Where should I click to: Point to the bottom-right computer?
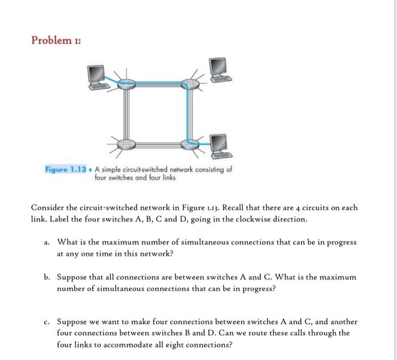click(219, 146)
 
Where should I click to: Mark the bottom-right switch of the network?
click(192, 143)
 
